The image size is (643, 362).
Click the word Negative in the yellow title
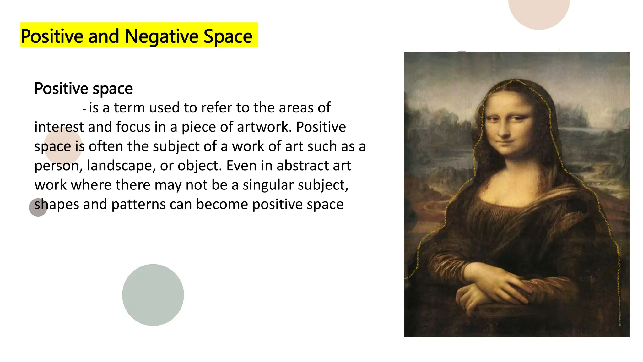162,36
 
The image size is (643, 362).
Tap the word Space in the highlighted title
228,36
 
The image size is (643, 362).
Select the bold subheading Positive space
84,89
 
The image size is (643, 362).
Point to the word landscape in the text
121,166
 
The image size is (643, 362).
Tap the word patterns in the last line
138,204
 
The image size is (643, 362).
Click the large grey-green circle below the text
153,295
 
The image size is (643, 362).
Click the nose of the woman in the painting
504,132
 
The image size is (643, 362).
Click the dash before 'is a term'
84,109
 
